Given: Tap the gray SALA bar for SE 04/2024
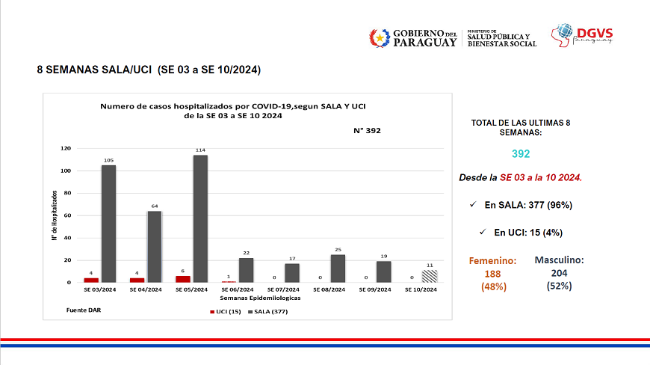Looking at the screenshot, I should point(155,246).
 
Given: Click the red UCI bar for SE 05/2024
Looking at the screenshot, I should point(183,279).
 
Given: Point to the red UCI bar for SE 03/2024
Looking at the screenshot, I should point(91,280).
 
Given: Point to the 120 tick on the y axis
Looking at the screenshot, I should point(66,149).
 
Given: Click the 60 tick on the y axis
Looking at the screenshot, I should point(67,215).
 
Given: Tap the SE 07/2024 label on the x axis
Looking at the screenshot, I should point(282,289).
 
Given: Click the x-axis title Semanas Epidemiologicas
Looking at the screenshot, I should point(250,297).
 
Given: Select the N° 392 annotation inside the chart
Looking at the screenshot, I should point(368,130).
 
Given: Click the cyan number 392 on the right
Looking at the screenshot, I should point(521,153).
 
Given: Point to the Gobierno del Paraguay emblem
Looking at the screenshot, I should point(380,37).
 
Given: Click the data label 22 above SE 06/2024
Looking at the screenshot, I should point(246,252).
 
